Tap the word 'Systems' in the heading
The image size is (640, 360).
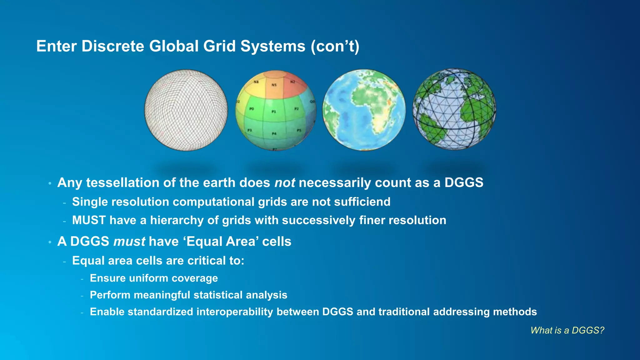[272, 46]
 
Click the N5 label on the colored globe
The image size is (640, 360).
[274, 85]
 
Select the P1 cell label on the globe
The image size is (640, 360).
[274, 112]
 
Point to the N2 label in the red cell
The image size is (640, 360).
[293, 82]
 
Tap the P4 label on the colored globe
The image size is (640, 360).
[274, 133]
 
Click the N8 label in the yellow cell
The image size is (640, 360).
[256, 82]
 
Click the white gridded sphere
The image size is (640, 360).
[186, 110]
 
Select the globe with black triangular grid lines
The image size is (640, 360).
[454, 109]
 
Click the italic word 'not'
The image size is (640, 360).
[284, 183]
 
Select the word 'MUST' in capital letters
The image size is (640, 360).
[89, 220]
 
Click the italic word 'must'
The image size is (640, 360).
[129, 242]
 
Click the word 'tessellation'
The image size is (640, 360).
[122, 183]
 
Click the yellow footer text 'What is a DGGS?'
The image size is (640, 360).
[567, 330]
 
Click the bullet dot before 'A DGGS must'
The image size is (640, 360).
[50, 242]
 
